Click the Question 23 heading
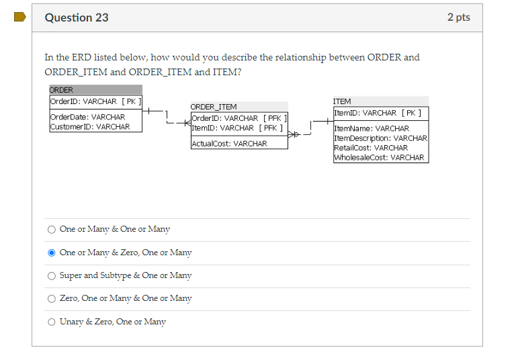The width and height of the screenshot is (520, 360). tap(77, 17)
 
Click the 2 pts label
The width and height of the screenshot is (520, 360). tap(458, 17)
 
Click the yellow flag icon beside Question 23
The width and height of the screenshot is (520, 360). tap(19, 17)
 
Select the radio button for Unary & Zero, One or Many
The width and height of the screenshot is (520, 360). tap(52, 322)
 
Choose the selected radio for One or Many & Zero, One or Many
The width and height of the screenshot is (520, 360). tap(52, 253)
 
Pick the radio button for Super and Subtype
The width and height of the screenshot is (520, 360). tap(52, 275)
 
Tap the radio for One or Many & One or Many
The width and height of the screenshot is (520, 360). tap(52, 229)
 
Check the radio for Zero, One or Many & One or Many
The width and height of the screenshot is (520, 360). tap(52, 298)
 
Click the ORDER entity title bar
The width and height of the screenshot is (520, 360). tap(95, 90)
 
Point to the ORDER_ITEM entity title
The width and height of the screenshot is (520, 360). tap(214, 107)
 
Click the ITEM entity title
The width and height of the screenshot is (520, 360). tap(342, 101)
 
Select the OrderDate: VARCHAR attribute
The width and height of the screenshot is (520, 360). tap(87, 117)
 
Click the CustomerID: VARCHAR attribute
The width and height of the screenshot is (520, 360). tap(90, 126)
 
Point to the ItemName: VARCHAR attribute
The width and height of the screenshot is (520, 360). tap(372, 128)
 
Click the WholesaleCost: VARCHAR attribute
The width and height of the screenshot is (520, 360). tap(379, 157)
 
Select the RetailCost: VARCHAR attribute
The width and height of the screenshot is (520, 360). tap(371, 148)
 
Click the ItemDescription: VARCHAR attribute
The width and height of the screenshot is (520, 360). tap(380, 138)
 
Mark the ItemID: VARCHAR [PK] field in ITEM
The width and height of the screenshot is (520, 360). tap(378, 113)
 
